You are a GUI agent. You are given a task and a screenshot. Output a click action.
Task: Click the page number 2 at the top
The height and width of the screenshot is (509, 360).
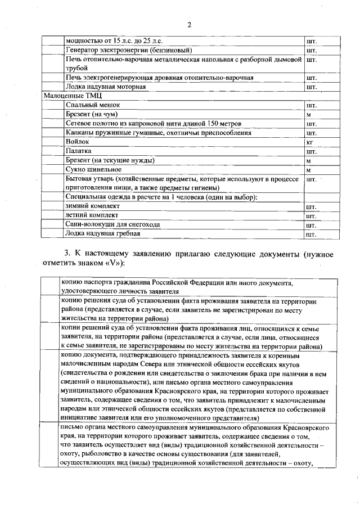tap(190, 24)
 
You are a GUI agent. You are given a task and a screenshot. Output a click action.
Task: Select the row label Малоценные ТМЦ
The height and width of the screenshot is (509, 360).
tap(67, 96)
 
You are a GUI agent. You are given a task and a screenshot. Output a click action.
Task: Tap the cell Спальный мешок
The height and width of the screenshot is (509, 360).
tap(93, 105)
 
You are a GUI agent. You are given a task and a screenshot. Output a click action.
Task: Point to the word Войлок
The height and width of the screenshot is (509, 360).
tap(78, 142)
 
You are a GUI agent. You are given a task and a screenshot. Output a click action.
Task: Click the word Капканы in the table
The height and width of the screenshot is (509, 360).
tap(80, 133)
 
